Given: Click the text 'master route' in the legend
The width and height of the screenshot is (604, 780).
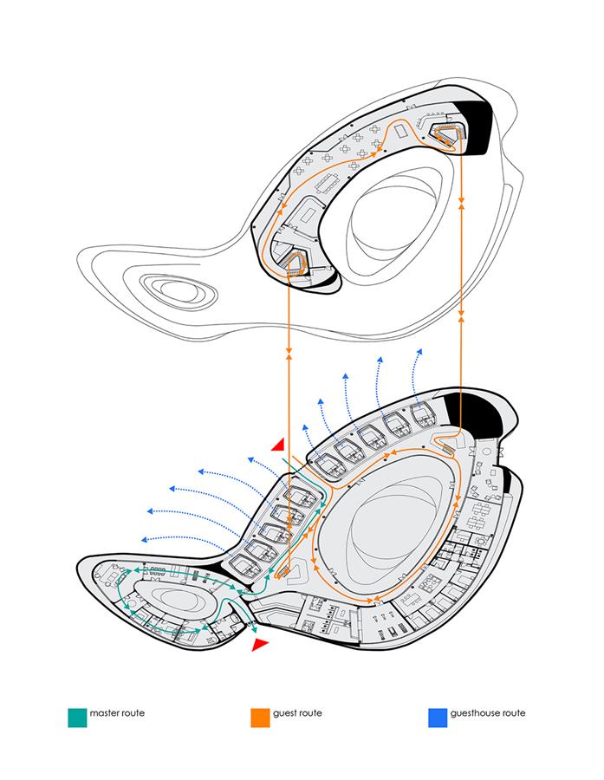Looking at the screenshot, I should coord(117,713).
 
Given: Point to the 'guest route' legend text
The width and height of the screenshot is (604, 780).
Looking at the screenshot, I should coord(297,713).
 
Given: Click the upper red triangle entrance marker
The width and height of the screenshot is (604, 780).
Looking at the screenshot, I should coord(277,445).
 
